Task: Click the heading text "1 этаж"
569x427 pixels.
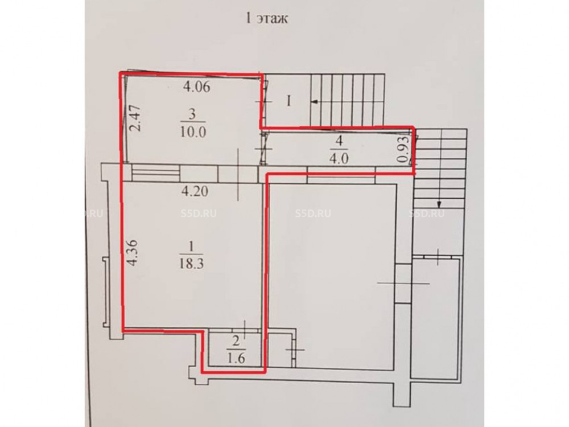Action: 267,18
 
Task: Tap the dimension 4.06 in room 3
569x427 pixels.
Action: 196,87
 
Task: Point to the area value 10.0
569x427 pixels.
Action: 193,131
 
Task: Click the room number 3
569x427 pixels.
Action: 192,114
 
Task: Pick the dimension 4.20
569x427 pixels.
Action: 195,191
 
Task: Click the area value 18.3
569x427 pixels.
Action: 191,263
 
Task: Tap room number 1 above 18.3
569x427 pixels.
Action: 191,247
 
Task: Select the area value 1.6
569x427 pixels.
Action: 236,358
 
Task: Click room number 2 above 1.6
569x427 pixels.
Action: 236,341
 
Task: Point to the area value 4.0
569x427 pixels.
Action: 339,159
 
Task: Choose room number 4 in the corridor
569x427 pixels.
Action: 339,142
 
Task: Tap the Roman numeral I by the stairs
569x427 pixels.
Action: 289,101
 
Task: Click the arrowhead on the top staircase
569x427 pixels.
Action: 315,102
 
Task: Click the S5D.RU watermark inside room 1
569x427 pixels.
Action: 199,213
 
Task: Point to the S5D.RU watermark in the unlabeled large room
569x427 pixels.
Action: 313,213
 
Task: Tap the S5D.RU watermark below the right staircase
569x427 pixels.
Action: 427,213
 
